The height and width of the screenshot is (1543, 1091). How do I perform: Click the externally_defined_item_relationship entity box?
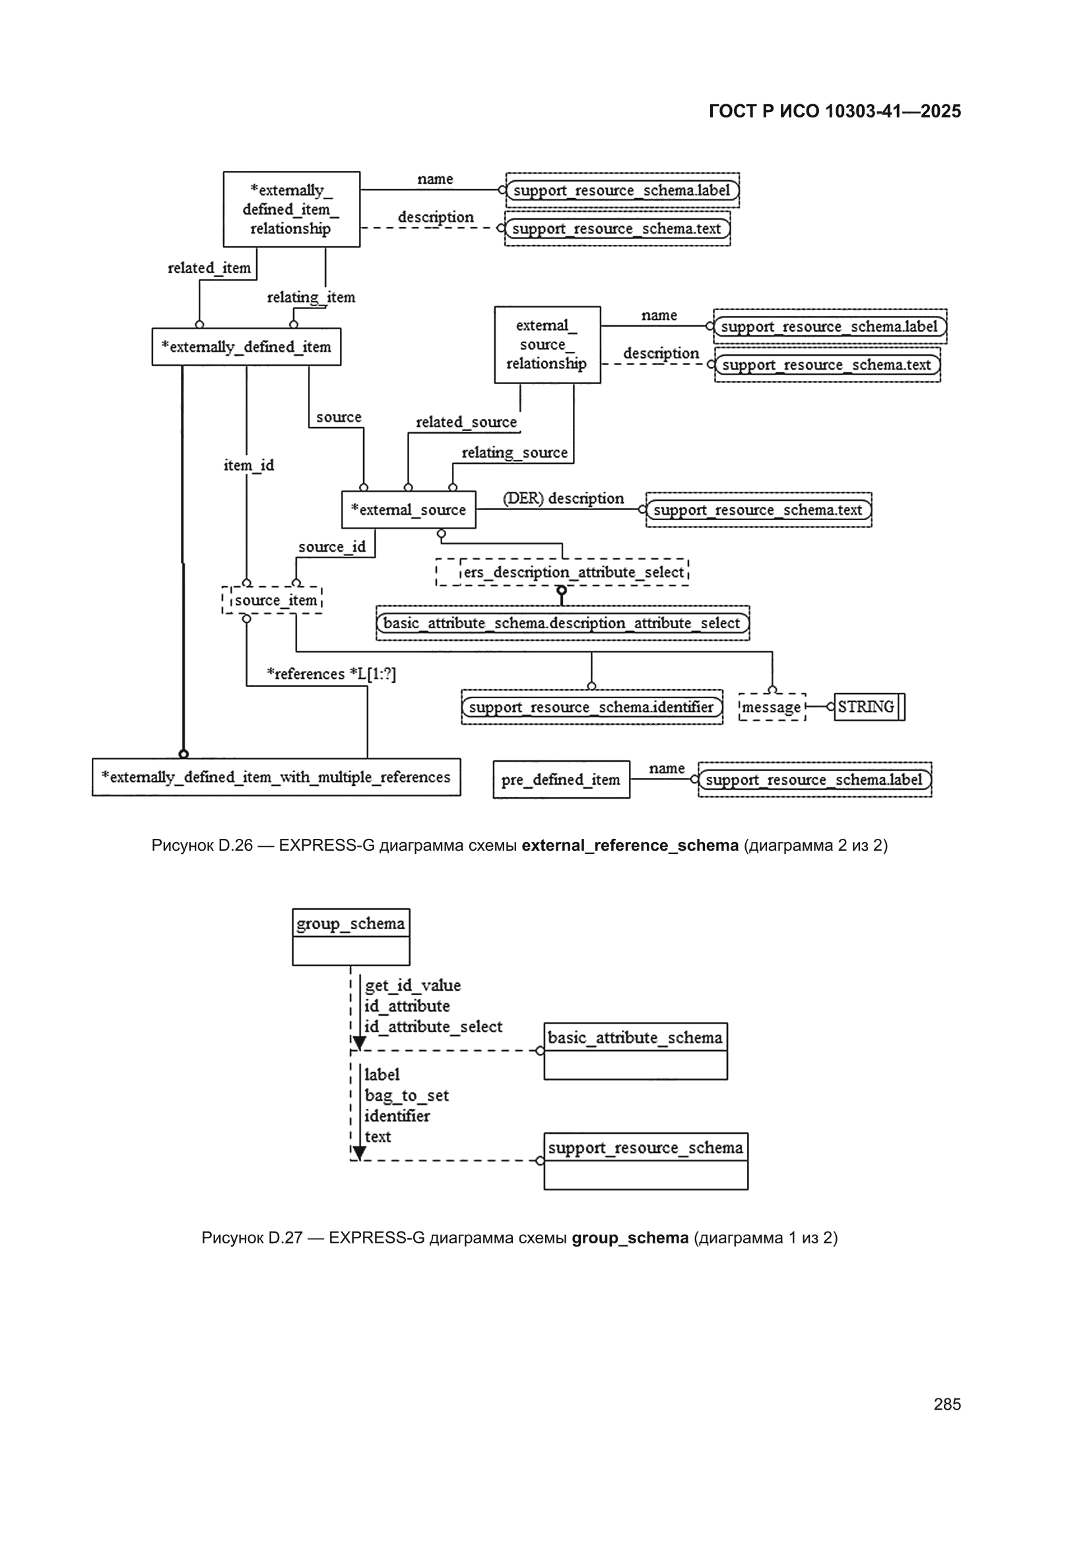291,209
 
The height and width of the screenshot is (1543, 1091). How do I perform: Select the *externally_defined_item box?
246,346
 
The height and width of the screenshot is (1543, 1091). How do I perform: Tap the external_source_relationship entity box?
547,345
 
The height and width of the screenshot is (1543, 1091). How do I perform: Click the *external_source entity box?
409,509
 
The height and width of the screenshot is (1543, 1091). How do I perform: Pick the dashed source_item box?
272,600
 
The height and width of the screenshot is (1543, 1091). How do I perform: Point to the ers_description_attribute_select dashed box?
562,572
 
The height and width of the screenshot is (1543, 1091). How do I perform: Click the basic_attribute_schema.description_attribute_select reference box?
562,623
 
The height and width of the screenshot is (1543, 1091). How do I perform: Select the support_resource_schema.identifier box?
592,707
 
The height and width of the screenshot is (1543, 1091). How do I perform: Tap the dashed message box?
772,707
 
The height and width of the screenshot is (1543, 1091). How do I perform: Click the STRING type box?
869,707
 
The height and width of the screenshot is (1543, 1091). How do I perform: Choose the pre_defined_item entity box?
561,779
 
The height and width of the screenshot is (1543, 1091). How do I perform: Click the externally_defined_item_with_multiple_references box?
277,777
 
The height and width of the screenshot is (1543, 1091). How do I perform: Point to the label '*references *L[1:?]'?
331,673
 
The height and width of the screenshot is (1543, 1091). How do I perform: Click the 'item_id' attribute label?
249,465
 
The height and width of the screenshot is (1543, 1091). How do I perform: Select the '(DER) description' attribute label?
563,498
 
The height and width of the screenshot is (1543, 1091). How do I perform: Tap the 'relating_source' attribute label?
514,452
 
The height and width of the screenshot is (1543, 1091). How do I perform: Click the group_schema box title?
351,923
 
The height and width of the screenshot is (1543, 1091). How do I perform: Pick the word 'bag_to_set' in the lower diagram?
406,1095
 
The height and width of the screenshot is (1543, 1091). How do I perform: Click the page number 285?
947,1404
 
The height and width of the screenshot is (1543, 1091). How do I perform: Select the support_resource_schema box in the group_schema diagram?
646,1161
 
